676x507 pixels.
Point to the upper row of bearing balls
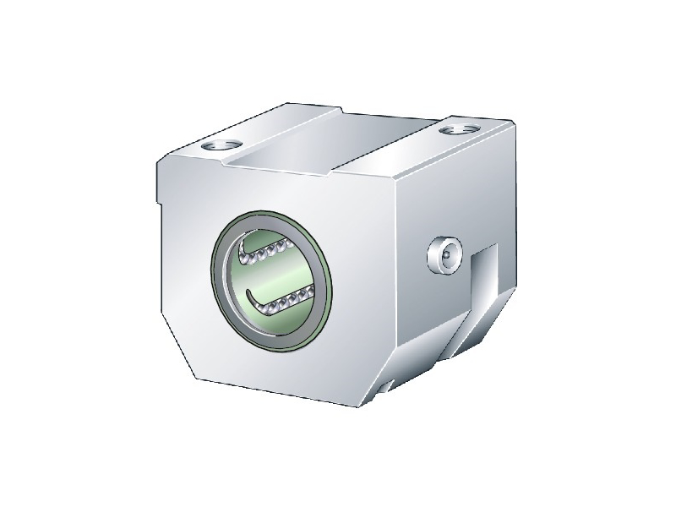point(271,251)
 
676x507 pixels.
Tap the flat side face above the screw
point(448,194)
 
